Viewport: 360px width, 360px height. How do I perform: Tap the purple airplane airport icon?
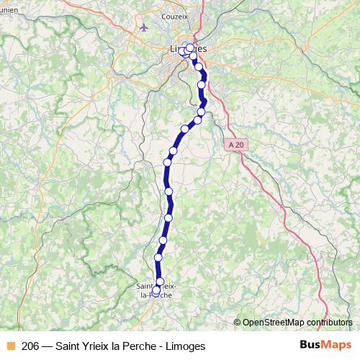tap(144, 27)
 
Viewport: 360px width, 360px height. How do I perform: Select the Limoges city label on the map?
tap(186, 48)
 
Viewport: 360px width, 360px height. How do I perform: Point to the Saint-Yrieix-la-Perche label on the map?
tap(155, 289)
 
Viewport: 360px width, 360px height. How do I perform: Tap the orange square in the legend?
tap(10, 346)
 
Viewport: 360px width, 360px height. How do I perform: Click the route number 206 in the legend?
tap(30, 346)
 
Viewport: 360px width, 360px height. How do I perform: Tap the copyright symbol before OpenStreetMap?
tap(237, 323)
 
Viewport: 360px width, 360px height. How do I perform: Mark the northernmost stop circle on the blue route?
tap(190, 48)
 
